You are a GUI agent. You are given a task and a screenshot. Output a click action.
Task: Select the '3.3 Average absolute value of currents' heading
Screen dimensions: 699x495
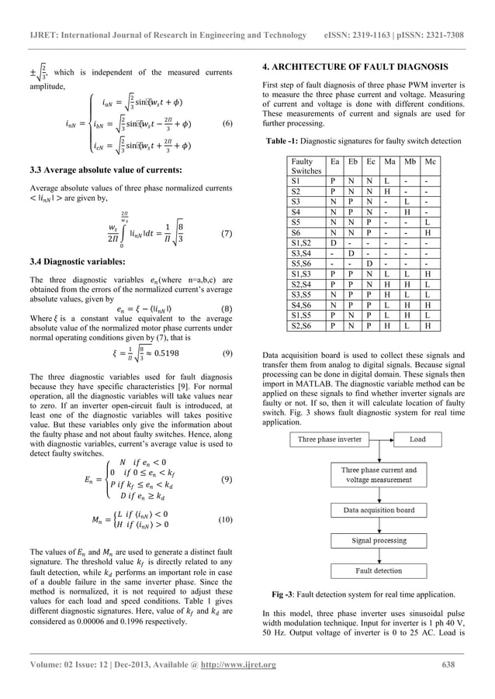point(94,169)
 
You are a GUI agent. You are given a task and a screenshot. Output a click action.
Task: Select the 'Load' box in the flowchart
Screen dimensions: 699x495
point(417,439)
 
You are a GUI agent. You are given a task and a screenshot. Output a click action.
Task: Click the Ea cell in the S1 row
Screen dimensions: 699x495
point(334,179)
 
